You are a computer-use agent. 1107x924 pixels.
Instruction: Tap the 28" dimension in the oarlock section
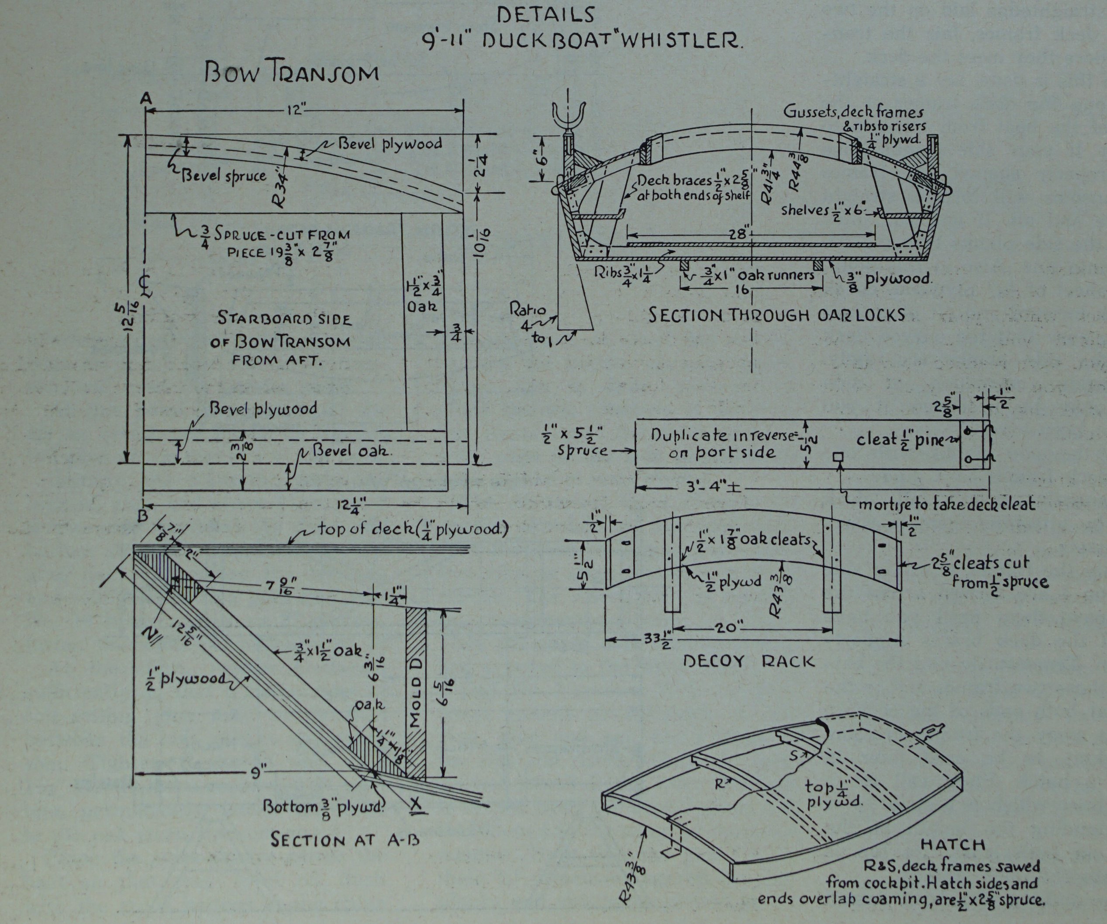pyautogui.click(x=738, y=234)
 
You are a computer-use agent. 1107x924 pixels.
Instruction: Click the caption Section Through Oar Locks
pyautogui.click(x=776, y=315)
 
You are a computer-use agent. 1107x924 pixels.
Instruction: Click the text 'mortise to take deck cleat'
pyautogui.click(x=946, y=504)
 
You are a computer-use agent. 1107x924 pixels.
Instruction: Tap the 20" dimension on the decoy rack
pyautogui.click(x=728, y=628)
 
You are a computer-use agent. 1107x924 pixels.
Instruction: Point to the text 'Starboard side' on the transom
pyautogui.click(x=284, y=319)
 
